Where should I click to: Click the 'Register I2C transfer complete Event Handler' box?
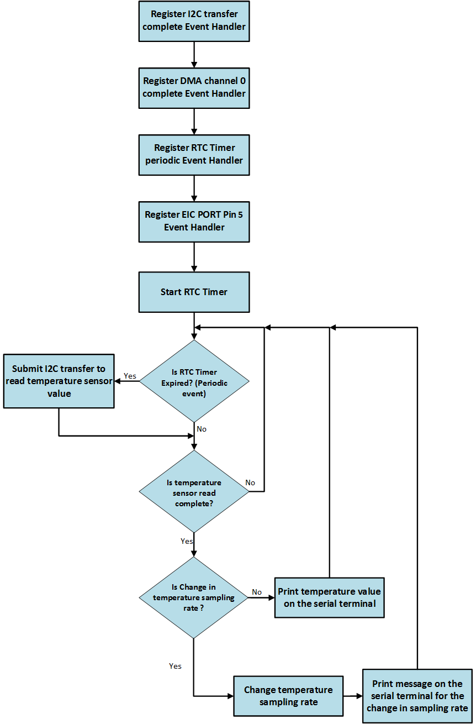(194, 20)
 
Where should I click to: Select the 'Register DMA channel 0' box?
(194, 87)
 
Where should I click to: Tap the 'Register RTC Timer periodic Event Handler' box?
(194, 154)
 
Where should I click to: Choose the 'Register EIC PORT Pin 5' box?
(194, 221)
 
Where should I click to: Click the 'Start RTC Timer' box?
(194, 292)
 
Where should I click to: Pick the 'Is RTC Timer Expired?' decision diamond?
(194, 381)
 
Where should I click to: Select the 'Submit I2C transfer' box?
(59, 381)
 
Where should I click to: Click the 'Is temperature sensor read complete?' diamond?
(194, 492)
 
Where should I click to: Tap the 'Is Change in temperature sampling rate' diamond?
(194, 597)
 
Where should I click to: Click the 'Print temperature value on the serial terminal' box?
(329, 597)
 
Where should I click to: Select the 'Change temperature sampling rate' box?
(288, 696)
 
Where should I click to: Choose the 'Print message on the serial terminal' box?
(417, 696)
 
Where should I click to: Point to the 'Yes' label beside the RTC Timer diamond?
(130, 376)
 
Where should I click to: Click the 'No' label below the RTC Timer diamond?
(202, 429)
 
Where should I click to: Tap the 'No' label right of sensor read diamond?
(250, 482)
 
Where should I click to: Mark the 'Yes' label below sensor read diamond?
(187, 541)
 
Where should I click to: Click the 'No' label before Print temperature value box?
(257, 592)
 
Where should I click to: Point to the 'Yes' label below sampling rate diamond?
(175, 666)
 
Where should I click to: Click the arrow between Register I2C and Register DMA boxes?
(194, 54)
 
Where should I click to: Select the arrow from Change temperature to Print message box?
(353, 696)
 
